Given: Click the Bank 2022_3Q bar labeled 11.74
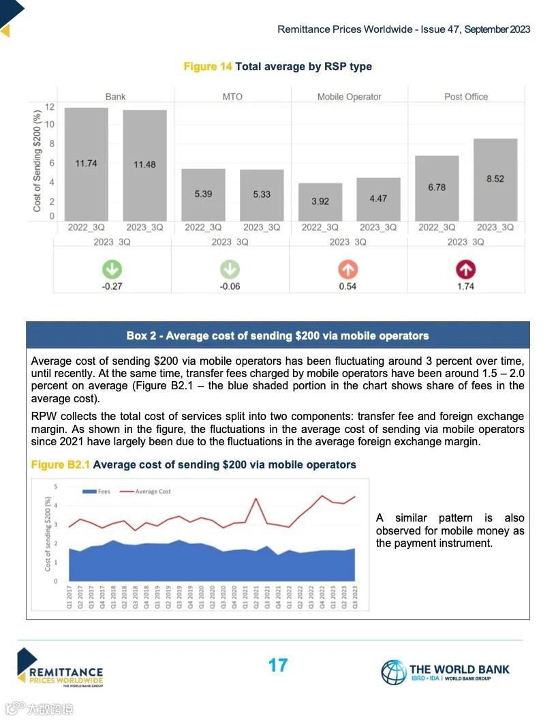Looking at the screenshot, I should tap(87, 164).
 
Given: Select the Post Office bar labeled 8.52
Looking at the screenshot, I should tap(495, 179).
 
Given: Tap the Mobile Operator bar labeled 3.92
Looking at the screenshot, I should tap(320, 201).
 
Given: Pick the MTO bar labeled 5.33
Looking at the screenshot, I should tap(262, 194).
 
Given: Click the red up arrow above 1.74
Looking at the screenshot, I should tap(466, 269).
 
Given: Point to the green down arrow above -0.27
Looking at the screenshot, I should tap(112, 269).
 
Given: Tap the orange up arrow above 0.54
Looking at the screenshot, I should tap(347, 269).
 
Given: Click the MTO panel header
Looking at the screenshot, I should tap(232, 97).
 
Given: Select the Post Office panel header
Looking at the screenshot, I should tap(466, 97).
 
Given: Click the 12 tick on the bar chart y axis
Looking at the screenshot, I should tap(50, 107).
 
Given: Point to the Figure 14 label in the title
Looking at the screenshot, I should tap(208, 66).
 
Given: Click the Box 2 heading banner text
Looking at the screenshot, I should tap(277, 335).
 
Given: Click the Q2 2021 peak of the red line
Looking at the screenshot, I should tap(256, 498).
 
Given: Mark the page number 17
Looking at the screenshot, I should tap(278, 665).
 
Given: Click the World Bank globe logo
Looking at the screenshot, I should tap(393, 672).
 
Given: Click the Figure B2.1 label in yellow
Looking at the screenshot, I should tap(61, 465).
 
